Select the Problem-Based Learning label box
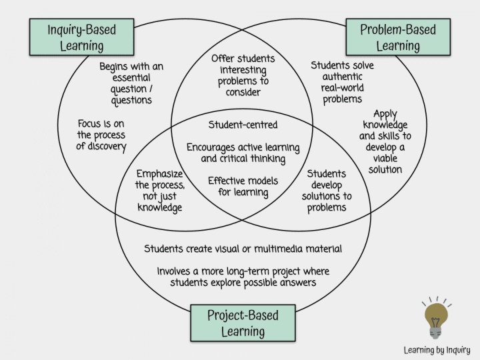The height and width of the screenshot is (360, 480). [x=397, y=37]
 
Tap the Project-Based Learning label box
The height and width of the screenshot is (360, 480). [x=243, y=323]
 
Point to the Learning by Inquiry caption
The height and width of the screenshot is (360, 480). [x=437, y=349]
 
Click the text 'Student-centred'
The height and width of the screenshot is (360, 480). [x=243, y=125]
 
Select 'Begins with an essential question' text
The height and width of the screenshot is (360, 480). [x=131, y=83]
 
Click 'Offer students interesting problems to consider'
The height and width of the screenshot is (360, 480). [x=243, y=75]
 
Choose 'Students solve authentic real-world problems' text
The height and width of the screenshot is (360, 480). [x=343, y=82]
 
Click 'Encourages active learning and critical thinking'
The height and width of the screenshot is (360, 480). [x=243, y=153]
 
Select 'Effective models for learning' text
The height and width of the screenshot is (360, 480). [x=243, y=187]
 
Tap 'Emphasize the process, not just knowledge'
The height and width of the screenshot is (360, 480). [x=160, y=191]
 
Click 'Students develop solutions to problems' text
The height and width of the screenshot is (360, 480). [x=327, y=191]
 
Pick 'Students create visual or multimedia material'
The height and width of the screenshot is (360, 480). [x=243, y=249]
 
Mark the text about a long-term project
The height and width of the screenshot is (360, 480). [x=243, y=277]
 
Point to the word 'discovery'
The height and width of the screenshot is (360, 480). [x=101, y=146]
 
